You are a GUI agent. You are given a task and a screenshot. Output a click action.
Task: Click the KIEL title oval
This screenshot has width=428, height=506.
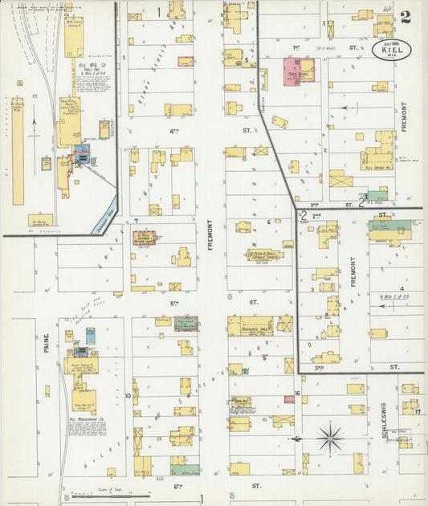(x=392, y=49)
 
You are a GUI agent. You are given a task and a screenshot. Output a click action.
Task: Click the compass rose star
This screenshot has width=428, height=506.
(x=329, y=439)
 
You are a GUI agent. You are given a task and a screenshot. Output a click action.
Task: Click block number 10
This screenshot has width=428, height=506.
(x=128, y=396)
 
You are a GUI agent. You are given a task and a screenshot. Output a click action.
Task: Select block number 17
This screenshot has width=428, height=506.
(x=418, y=411)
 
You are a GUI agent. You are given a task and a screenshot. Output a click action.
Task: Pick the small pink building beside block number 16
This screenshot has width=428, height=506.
(x=289, y=399)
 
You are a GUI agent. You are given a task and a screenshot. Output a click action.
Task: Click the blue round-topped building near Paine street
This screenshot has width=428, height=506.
(x=91, y=336)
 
